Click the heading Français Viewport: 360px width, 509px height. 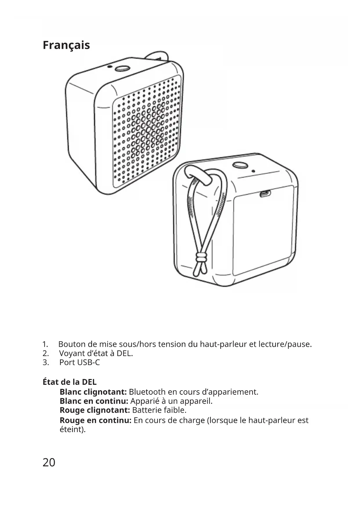tap(66, 45)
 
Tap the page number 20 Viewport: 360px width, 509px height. tap(49, 462)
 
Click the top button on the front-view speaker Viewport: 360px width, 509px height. tap(122, 68)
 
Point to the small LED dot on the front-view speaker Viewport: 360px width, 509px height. tap(109, 67)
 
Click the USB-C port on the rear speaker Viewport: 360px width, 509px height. tap(265, 194)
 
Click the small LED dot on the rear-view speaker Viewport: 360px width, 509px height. tap(253, 171)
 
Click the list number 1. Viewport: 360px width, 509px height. tap(45, 344)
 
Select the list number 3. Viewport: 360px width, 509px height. tap(46, 362)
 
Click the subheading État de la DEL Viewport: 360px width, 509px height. tap(70, 382)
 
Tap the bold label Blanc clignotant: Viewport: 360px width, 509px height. tap(93, 392)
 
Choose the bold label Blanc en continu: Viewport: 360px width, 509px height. tap(94, 401)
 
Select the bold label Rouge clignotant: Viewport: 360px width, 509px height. tap(95, 410)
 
